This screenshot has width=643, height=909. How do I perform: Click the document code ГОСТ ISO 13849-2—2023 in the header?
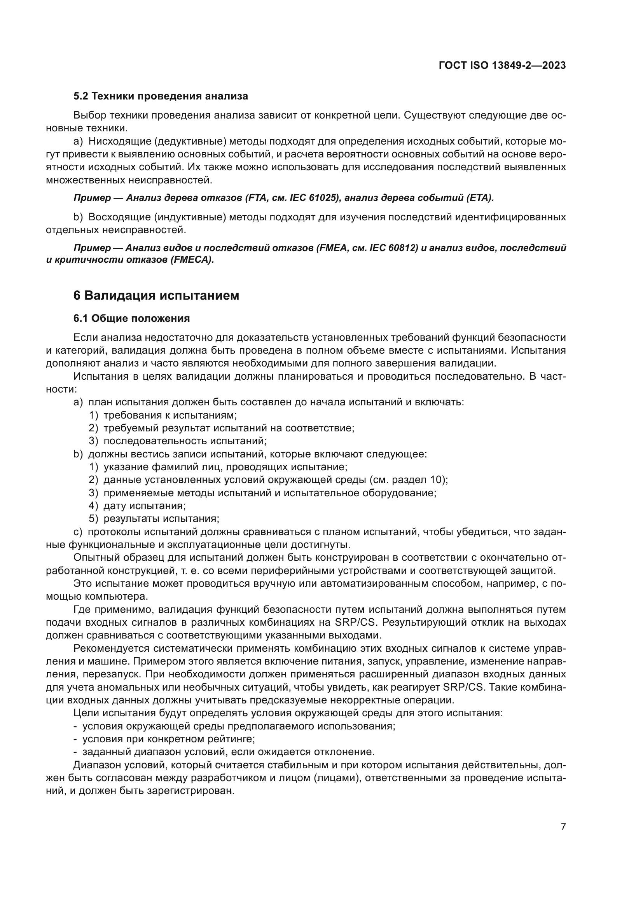[x=502, y=66]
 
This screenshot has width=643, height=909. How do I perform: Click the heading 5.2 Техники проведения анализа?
[x=161, y=96]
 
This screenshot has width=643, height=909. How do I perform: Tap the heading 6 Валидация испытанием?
[x=156, y=295]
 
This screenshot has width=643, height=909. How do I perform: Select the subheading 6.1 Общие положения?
[x=131, y=318]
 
